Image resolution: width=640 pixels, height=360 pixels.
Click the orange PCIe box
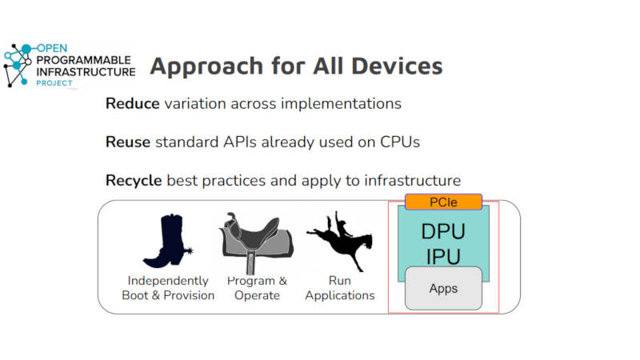[443, 202]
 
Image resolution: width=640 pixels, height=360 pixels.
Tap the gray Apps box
[443, 288]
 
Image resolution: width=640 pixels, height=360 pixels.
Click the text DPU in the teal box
[443, 231]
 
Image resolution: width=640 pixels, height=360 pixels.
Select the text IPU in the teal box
[443, 257]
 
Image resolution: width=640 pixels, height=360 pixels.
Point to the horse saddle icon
[256, 243]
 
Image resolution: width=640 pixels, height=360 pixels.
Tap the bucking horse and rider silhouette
[340, 241]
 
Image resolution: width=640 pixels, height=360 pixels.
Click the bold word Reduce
[132, 104]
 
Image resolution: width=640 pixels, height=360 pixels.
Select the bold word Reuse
[128, 142]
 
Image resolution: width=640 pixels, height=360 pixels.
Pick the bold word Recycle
[134, 181]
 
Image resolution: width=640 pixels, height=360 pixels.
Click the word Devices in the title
[397, 66]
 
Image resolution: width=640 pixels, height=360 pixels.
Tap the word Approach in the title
[206, 66]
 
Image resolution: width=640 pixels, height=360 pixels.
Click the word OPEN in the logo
[52, 48]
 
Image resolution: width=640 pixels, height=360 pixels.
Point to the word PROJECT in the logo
[54, 83]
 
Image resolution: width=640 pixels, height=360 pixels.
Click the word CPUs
[400, 142]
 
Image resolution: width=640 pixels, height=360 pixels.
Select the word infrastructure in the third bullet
[413, 181]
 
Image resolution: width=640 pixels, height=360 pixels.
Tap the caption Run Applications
[339, 288]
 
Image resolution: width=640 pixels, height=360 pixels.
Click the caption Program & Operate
[257, 288]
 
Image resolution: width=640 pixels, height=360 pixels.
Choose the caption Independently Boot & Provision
[168, 288]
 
